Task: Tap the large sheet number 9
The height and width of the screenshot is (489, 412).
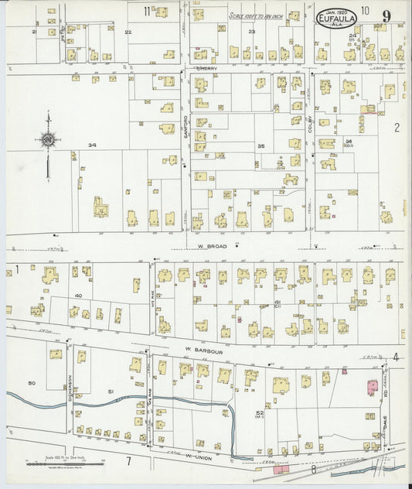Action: tap(386, 19)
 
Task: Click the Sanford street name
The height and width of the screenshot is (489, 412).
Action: tap(186, 133)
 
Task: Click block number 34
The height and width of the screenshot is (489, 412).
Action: tap(92, 145)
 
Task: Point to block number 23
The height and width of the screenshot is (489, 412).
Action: tap(252, 31)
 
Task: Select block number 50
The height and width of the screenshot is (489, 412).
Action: tap(32, 383)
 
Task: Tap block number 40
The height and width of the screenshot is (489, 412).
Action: tap(78, 296)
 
